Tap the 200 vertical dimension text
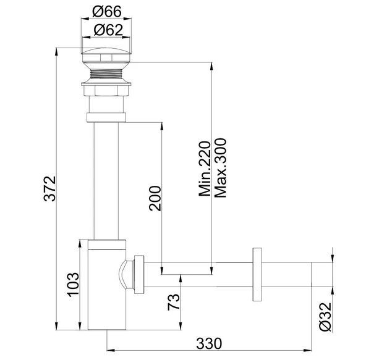(155, 198)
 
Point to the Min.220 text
(205, 167)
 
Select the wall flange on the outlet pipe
(258, 274)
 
